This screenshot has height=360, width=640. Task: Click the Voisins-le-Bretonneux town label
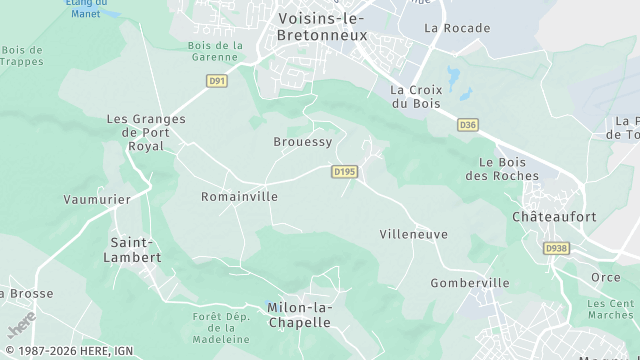(321, 27)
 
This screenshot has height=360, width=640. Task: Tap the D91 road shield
(217, 80)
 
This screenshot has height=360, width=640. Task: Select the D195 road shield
(344, 172)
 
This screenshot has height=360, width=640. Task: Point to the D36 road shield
(467, 125)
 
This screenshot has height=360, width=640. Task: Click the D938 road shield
(556, 248)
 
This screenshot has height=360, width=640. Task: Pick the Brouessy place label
(302, 142)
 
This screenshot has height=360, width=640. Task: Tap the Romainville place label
(239, 197)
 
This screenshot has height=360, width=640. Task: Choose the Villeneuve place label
(413, 234)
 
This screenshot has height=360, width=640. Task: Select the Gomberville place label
(470, 283)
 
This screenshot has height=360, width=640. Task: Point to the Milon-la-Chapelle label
(299, 315)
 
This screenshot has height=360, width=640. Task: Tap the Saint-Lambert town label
(133, 250)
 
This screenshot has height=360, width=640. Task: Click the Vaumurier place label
(97, 199)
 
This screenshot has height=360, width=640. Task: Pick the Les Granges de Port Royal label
(146, 132)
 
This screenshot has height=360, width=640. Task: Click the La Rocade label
(457, 28)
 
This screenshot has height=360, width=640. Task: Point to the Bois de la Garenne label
(216, 51)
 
